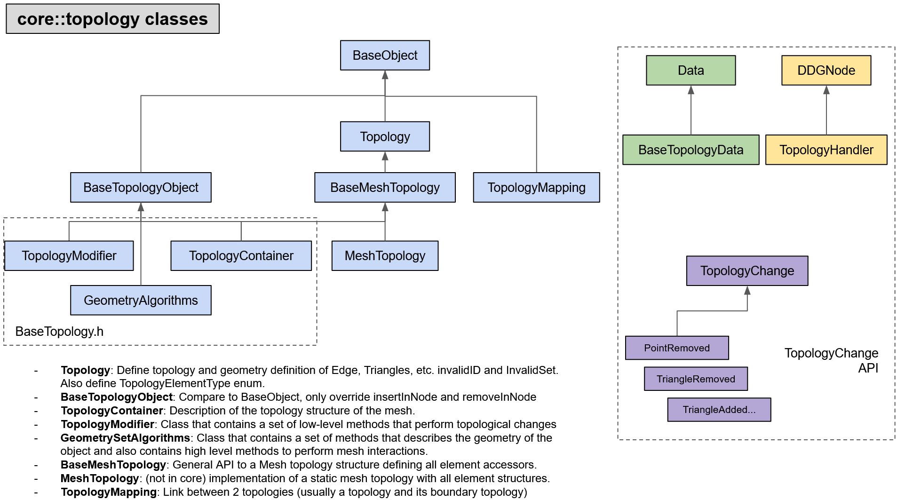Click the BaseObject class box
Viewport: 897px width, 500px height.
(385, 56)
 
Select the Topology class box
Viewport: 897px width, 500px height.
(385, 137)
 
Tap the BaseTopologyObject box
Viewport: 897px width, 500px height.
(141, 188)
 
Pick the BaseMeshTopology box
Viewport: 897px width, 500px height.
(385, 188)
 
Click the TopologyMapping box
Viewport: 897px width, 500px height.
(536, 188)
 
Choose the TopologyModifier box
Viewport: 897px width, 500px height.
(69, 256)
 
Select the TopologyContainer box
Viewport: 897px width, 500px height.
(241, 256)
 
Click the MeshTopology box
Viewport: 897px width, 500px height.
(385, 256)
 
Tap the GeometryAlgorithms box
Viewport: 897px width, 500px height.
(141, 301)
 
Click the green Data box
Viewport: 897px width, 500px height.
(691, 71)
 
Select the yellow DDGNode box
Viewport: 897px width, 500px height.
(826, 71)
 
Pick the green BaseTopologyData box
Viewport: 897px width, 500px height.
(691, 150)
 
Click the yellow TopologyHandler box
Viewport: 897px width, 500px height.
(826, 150)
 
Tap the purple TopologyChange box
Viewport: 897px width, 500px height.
(747, 271)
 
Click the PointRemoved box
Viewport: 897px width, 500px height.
(677, 348)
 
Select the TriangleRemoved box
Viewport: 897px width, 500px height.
(696, 379)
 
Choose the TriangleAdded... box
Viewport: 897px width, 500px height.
(719, 410)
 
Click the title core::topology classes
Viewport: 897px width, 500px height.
(112, 19)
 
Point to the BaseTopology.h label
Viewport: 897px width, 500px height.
(59, 332)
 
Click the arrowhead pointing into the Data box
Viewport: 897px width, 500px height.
(691, 90)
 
